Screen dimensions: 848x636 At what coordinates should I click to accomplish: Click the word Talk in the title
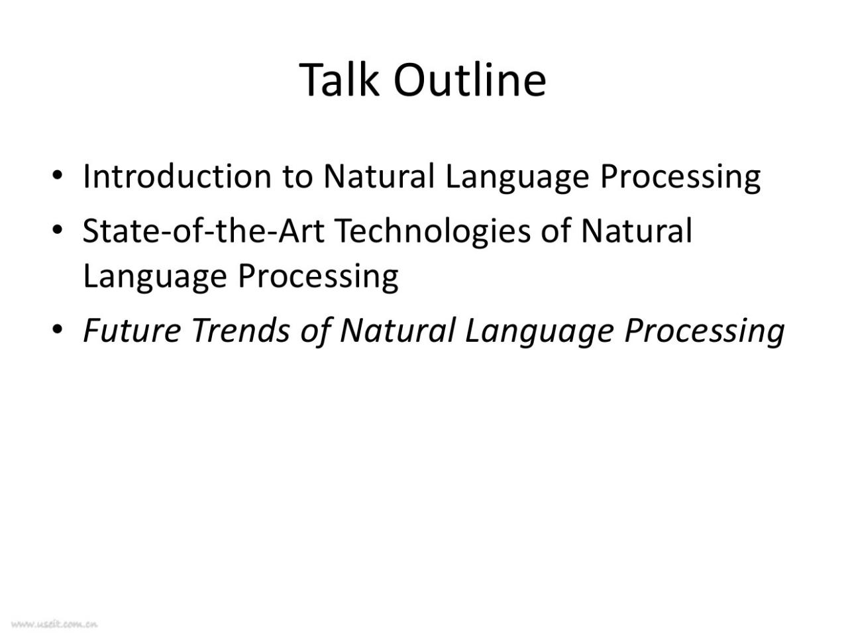click(339, 80)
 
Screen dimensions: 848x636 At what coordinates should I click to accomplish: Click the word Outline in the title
click(470, 80)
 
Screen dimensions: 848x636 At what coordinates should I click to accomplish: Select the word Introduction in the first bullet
click(177, 176)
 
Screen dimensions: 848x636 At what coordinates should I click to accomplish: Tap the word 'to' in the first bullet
click(297, 178)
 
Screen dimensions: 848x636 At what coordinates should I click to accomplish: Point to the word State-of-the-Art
click(203, 231)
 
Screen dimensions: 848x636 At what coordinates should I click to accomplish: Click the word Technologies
click(433, 233)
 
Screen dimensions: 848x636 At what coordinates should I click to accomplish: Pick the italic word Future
click(132, 331)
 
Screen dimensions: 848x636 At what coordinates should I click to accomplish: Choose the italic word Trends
click(240, 331)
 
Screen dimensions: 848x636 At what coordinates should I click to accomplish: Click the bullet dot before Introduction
click(57, 174)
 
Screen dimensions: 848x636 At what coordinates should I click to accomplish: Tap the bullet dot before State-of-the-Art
click(57, 229)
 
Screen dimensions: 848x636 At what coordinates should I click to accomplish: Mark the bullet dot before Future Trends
click(57, 329)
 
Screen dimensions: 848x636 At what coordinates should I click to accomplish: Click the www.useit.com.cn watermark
click(54, 624)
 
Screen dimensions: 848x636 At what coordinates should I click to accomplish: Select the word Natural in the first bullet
click(379, 176)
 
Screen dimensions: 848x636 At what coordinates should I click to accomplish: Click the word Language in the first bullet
click(517, 178)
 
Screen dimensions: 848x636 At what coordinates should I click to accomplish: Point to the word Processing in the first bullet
click(680, 178)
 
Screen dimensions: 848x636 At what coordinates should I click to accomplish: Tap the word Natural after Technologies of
click(636, 231)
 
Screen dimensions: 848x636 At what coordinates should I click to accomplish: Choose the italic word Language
click(539, 333)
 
